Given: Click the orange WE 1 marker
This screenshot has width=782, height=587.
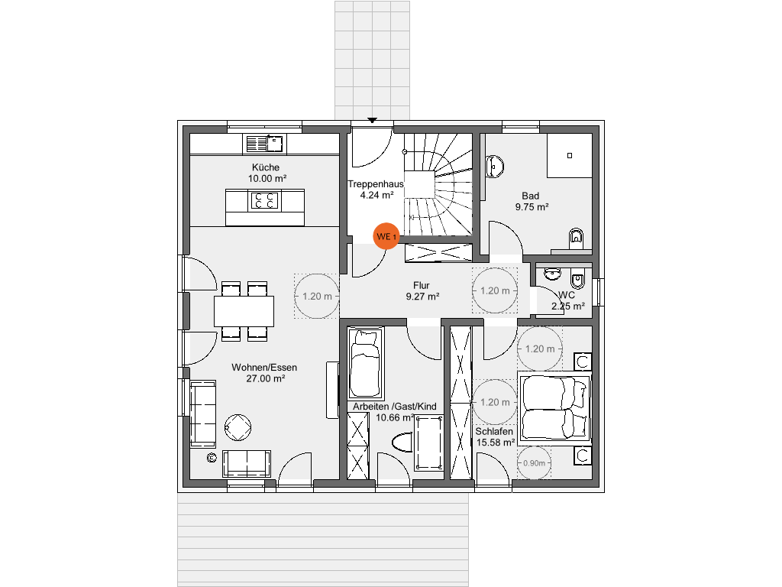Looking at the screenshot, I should click(x=386, y=237).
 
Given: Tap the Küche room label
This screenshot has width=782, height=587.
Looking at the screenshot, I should click(x=266, y=167).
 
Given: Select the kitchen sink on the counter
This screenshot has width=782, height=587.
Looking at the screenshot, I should click(x=263, y=143).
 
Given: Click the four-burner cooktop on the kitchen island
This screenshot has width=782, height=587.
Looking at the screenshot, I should click(x=265, y=200).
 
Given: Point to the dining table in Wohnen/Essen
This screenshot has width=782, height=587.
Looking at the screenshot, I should click(x=244, y=310).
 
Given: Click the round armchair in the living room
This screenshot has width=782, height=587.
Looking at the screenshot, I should click(x=238, y=427).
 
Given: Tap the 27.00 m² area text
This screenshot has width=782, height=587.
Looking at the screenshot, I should click(x=264, y=378).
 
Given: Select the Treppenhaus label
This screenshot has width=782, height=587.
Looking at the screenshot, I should click(x=375, y=184).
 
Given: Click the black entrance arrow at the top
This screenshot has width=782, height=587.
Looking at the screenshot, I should click(x=373, y=120).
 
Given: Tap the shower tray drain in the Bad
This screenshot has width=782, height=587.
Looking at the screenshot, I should click(x=569, y=155).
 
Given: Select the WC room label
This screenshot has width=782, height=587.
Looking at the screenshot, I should click(x=567, y=295).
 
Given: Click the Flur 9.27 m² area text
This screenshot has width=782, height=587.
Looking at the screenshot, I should click(x=422, y=297).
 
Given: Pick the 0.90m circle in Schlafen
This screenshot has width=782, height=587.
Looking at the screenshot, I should click(x=534, y=463).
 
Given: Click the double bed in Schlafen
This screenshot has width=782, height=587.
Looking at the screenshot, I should click(x=556, y=407).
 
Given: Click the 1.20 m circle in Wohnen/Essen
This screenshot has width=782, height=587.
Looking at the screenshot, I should click(x=317, y=297).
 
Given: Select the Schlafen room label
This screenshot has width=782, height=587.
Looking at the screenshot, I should click(x=496, y=431).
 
